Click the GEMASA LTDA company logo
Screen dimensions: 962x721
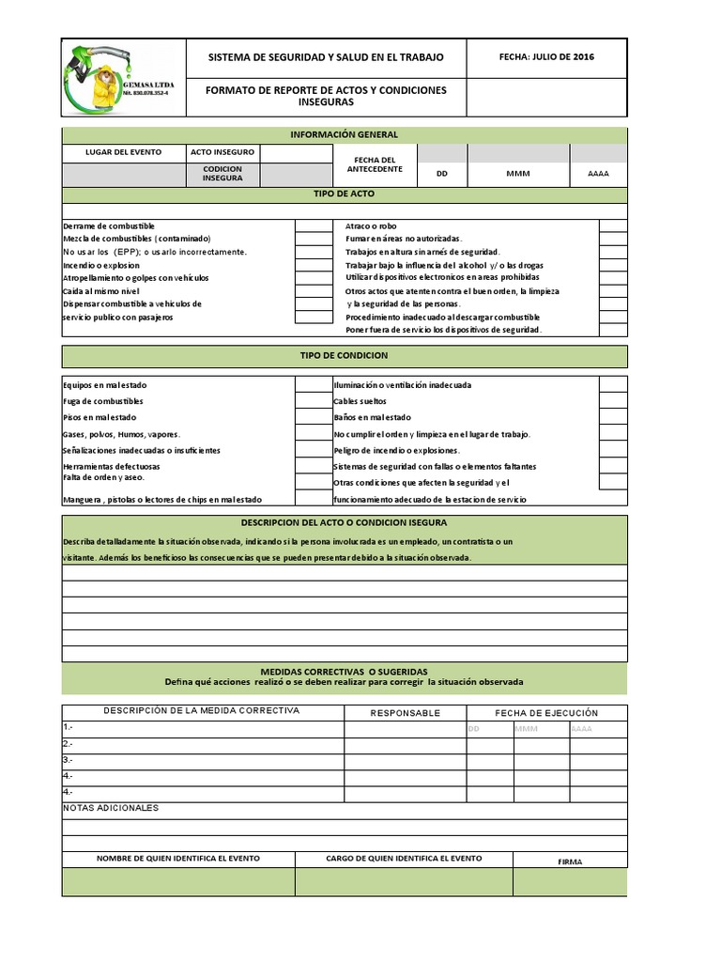[123, 78]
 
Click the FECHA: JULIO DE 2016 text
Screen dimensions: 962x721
[546, 57]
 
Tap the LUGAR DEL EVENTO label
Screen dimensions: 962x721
[123, 152]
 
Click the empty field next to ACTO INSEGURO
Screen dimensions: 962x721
[296, 153]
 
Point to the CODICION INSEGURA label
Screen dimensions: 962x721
[222, 174]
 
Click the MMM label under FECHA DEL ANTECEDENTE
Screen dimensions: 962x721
[518, 174]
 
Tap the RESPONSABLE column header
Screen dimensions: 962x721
[405, 713]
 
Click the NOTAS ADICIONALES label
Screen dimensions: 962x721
[111, 808]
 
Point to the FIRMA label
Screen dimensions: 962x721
[570, 860]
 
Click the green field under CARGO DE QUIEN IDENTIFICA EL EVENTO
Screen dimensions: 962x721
[404, 882]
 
